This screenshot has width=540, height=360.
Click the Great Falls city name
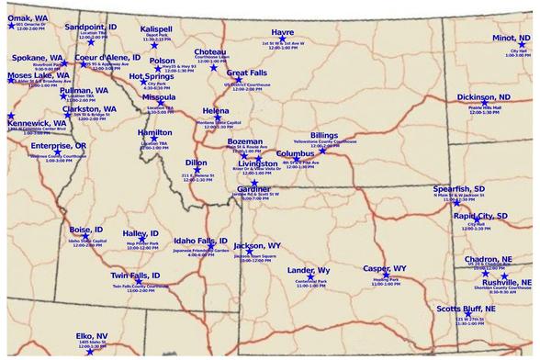pos(247,73)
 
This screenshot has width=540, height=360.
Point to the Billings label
pos(323,135)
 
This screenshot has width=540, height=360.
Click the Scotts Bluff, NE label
pos(466,309)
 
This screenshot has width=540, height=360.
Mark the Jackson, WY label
pos(257,246)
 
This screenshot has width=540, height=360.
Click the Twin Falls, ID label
pos(136,276)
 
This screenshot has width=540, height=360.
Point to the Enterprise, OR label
pos(58,146)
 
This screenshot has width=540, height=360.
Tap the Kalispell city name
pos(157,28)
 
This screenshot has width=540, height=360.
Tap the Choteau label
pos(210,51)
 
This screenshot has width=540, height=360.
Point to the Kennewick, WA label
pos(37,122)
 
